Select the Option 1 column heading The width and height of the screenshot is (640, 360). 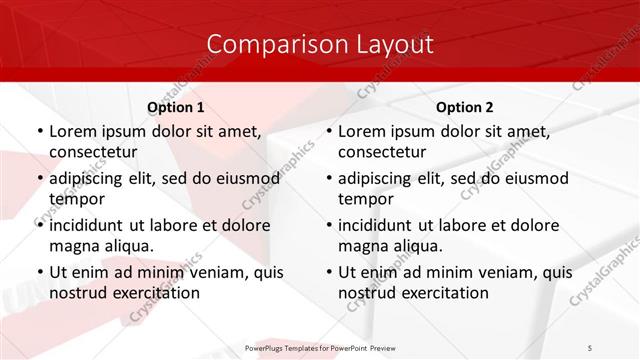pos(176,107)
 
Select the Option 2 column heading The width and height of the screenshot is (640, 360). pos(465,107)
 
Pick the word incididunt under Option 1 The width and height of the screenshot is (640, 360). pos(93,225)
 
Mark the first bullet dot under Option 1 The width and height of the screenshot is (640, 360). pos(39,132)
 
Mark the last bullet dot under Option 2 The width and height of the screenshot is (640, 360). pos(328,273)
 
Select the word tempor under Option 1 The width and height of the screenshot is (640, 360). pos(75,199)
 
